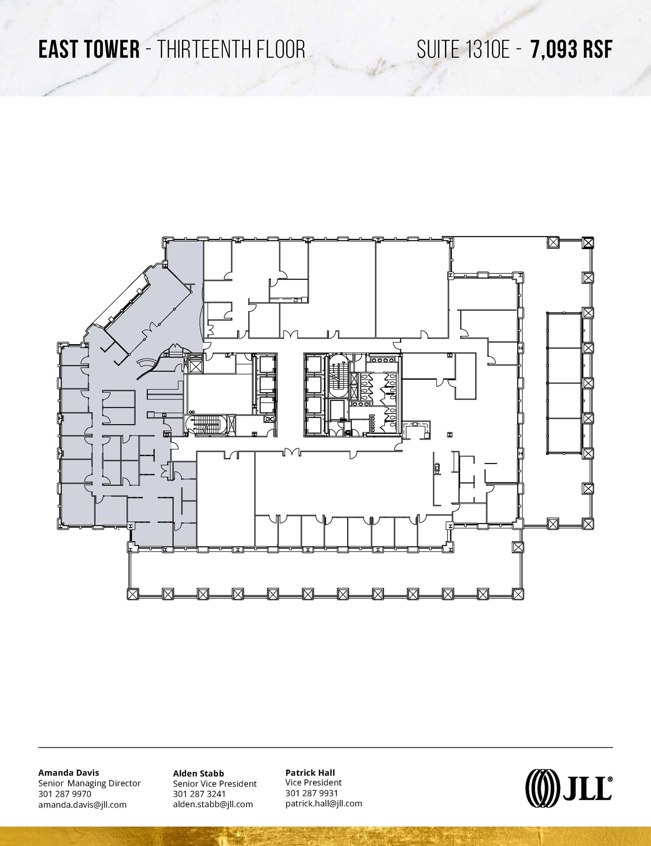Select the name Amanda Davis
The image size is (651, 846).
(x=69, y=772)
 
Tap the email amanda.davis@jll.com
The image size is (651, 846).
(x=82, y=805)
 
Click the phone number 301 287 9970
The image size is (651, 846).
(x=65, y=794)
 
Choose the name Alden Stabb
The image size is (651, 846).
(x=199, y=773)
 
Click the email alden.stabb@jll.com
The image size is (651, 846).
(x=213, y=804)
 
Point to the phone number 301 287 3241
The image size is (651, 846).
(x=199, y=794)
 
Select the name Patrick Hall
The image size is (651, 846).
(x=310, y=772)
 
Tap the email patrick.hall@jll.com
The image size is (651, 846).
(x=324, y=803)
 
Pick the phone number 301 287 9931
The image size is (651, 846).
(x=312, y=793)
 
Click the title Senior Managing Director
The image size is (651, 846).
(x=90, y=783)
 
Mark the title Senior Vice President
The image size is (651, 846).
(x=215, y=784)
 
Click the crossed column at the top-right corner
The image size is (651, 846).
(x=588, y=242)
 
